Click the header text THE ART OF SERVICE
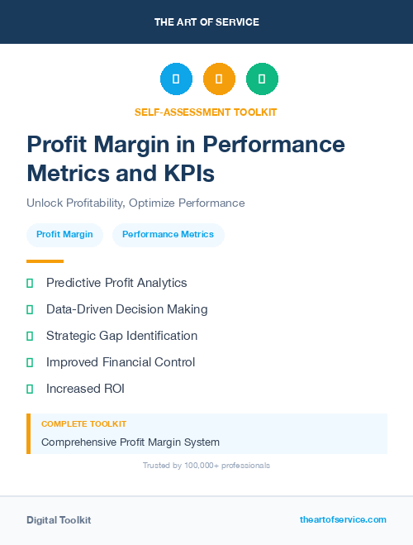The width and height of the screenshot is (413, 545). [206, 22]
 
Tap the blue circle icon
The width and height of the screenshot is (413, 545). [176, 79]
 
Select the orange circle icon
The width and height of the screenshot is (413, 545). [219, 79]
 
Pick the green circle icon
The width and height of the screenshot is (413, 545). [262, 79]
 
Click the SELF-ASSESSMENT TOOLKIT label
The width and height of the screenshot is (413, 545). [206, 112]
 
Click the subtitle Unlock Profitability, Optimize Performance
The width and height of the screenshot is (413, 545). [135, 203]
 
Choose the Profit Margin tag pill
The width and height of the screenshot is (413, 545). [64, 235]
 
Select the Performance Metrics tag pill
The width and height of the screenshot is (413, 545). [168, 235]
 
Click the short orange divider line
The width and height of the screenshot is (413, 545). [45, 261]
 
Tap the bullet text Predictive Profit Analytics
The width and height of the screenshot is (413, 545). [116, 283]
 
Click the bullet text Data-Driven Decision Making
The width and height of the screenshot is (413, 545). [126, 309]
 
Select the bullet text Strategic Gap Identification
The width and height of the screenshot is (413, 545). [121, 336]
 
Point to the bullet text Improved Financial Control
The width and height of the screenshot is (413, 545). [121, 362]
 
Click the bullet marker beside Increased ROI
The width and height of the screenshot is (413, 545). [30, 389]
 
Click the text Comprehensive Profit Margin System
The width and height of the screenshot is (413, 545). [131, 442]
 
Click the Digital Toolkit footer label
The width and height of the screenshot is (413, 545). [59, 520]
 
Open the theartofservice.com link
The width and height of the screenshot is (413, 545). [343, 519]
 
